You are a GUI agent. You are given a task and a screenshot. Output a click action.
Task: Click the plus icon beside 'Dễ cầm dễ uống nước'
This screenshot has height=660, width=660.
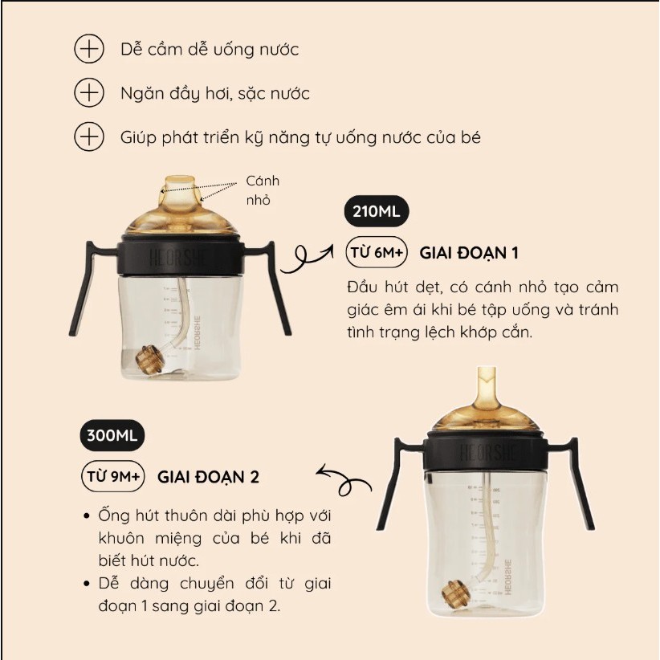[x=89, y=49]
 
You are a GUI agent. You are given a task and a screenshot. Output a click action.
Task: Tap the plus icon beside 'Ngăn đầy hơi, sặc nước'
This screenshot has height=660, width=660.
[x=89, y=92]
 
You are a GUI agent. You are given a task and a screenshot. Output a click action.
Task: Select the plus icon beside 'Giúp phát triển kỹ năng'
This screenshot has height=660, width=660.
[x=89, y=136]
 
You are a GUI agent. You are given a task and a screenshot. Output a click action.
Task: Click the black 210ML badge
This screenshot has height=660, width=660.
[x=377, y=211]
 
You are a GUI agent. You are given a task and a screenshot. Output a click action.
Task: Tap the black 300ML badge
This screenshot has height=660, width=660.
[x=112, y=435]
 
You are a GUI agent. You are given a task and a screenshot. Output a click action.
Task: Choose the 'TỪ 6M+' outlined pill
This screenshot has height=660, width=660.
[x=377, y=253]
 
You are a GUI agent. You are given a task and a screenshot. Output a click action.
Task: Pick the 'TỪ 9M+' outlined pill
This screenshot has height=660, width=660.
[x=112, y=476]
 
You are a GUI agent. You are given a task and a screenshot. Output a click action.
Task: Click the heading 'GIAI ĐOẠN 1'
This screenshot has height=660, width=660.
[x=468, y=253]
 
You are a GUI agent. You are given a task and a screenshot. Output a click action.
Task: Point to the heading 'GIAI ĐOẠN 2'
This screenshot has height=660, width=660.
[x=208, y=477]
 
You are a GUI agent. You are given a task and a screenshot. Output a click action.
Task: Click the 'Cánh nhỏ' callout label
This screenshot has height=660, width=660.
[x=263, y=190]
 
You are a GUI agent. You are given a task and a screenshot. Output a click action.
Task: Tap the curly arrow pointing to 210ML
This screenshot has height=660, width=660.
[x=306, y=258]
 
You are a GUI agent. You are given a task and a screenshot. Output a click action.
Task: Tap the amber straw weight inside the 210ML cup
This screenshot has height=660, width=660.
[x=150, y=358]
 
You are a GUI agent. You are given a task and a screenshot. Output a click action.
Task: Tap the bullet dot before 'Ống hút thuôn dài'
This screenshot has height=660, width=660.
[x=88, y=515]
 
